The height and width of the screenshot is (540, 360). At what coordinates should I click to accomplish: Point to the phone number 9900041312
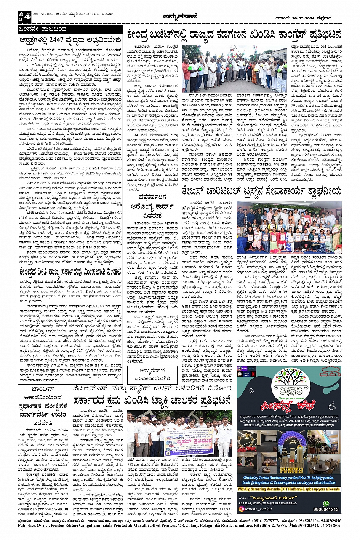326,510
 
